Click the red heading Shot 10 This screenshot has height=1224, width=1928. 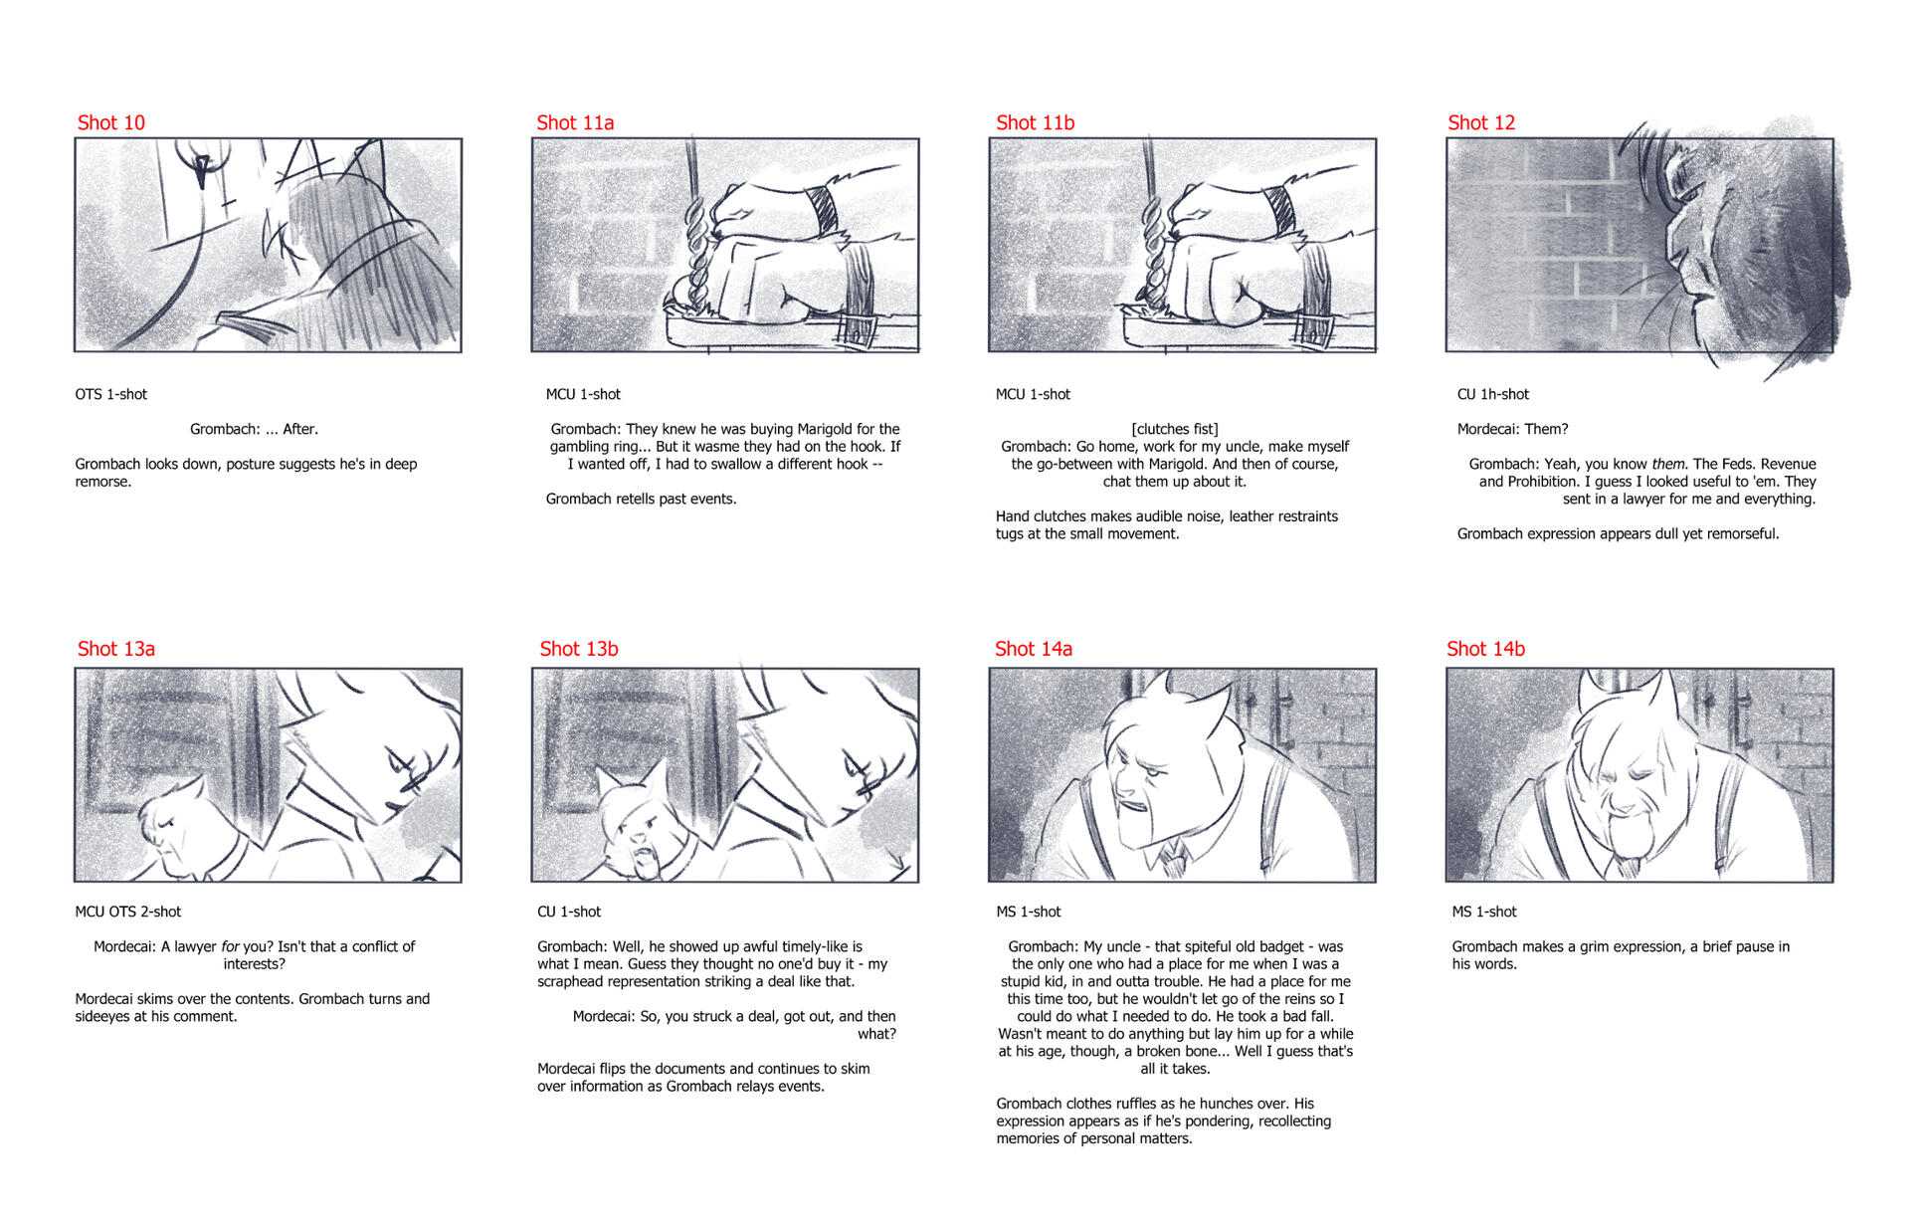(111, 122)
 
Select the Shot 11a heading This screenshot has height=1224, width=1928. (575, 122)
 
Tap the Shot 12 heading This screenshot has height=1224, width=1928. (1481, 122)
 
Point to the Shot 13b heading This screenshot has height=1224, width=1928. (579, 649)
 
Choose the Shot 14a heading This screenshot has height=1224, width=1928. (1034, 649)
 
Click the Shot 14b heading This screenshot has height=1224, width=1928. (1485, 649)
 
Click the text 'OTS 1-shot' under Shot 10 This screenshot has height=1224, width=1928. (111, 394)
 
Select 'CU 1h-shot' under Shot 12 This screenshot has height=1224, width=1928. (1493, 394)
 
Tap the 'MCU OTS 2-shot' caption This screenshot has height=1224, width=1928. (128, 912)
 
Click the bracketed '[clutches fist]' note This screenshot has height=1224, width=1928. (1175, 429)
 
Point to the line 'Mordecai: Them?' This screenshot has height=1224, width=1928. (1512, 429)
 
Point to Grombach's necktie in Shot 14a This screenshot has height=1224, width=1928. (1174, 857)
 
